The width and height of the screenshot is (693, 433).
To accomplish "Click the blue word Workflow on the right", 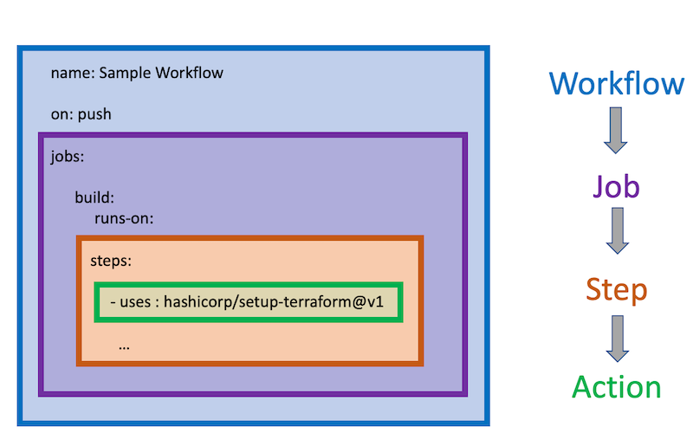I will point(617,84).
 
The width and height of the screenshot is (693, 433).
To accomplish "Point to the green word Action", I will point(616,387).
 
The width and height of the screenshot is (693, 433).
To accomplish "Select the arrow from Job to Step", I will point(616,230).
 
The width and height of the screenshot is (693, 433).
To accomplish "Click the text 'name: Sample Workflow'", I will point(137,73).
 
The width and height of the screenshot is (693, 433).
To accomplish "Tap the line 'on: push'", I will point(81,113).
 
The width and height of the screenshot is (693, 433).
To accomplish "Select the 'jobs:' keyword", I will point(68,158).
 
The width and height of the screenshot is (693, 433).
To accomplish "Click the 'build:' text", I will point(94,197).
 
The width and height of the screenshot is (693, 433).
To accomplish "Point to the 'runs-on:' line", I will point(124,217).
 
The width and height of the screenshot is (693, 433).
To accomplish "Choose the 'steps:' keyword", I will point(111,260).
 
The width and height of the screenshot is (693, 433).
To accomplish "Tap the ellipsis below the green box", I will point(124,345).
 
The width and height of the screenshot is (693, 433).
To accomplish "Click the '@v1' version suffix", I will point(372,302).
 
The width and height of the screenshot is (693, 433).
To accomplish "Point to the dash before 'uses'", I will point(114,302).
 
